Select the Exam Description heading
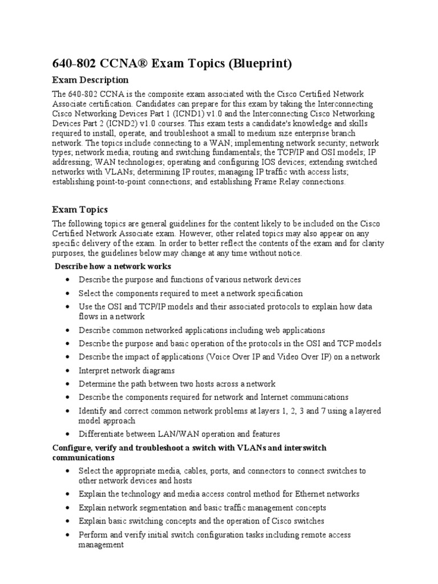click(91, 80)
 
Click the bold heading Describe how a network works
click(113, 266)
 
